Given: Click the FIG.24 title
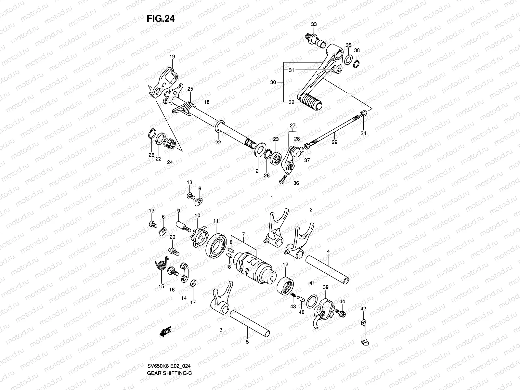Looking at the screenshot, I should point(161,19).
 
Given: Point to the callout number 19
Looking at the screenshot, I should point(172,57).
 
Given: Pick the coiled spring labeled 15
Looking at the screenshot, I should point(160,267).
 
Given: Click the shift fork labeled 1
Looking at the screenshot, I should point(276,227).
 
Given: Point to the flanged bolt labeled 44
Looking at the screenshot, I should point(342,313).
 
